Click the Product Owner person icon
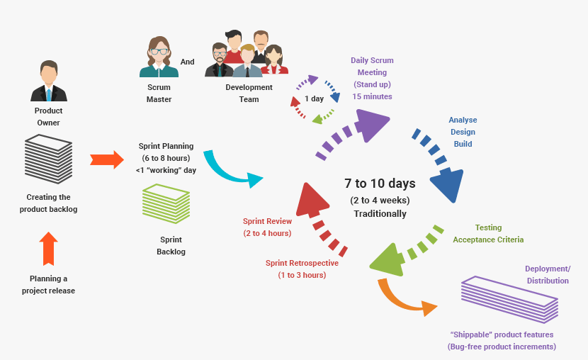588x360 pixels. point(49,81)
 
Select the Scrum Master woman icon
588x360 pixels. point(159,57)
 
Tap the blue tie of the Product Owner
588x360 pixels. point(49,94)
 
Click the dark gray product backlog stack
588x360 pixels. point(48,159)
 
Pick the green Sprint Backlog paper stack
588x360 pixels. point(166,203)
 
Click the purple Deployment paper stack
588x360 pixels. point(509,299)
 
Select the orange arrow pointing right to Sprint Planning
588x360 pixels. point(107,159)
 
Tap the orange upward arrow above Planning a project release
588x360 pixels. point(49,249)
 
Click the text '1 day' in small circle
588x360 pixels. point(315,99)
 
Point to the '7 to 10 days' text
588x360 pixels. point(380,184)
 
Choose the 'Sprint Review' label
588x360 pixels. point(267,221)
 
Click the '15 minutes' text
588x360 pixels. point(372,96)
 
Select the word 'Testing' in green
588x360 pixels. point(488,227)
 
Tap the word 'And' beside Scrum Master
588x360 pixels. point(188,62)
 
